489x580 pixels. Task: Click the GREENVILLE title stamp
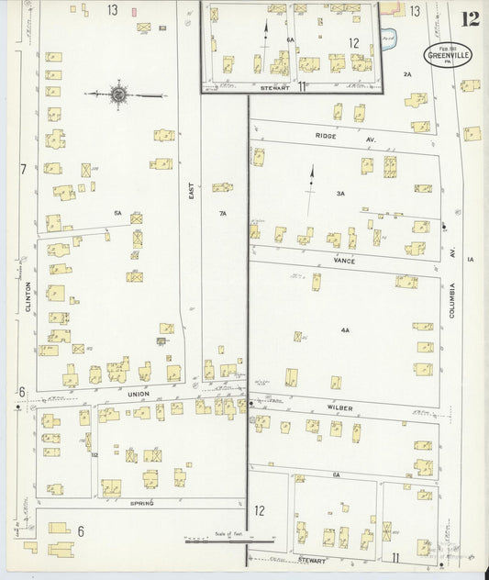tap(448, 54)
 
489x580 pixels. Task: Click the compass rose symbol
tap(118, 94)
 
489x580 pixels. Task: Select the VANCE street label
tap(344, 261)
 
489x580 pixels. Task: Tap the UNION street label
tap(138, 395)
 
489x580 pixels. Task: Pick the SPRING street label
tap(141, 503)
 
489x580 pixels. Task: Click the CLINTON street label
tap(28, 296)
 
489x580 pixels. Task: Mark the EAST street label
tap(192, 190)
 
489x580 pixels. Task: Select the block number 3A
tap(340, 194)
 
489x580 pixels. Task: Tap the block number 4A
tap(345, 329)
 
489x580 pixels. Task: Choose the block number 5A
tap(117, 213)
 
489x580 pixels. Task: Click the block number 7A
tap(222, 213)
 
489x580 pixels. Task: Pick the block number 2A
tap(406, 72)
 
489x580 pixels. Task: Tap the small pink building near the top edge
tap(135, 12)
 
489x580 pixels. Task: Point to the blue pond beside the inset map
tap(387, 39)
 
